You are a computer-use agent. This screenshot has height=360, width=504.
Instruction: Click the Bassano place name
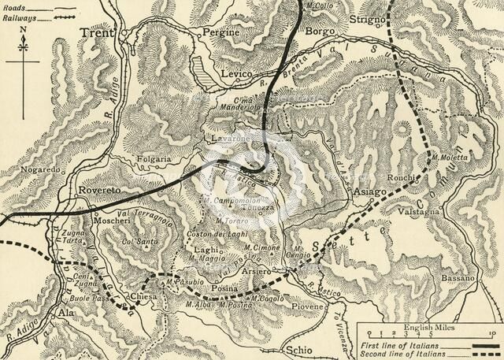point(457,279)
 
